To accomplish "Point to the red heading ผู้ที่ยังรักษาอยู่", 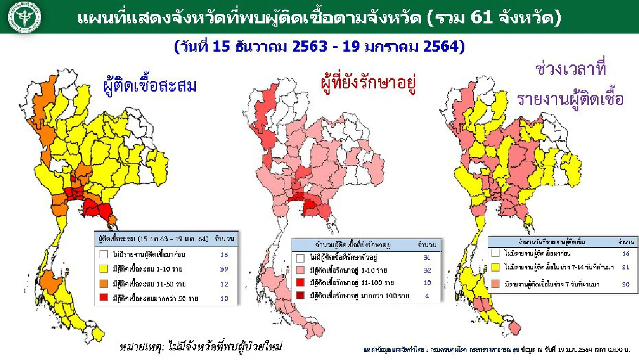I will [x=368, y=84].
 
